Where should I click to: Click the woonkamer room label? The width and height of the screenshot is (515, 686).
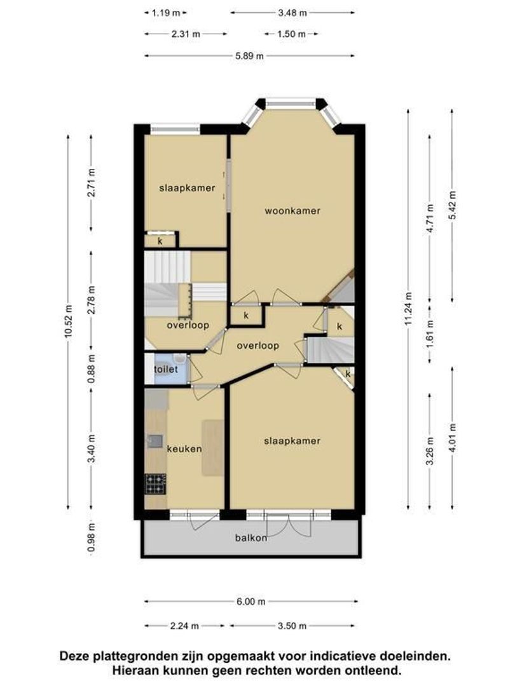(292, 211)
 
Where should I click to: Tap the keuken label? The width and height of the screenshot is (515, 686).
(184, 449)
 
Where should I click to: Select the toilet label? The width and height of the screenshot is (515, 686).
(166, 369)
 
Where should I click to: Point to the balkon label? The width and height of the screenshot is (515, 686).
(251, 538)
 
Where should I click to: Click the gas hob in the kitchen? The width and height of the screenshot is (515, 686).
(156, 484)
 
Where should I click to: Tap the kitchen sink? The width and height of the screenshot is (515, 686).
(154, 441)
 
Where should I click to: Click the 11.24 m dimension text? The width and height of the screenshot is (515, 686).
(408, 309)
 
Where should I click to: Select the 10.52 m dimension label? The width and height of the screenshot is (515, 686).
(68, 321)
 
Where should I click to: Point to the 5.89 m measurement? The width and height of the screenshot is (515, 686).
(250, 56)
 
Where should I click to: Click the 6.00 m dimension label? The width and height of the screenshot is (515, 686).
(251, 602)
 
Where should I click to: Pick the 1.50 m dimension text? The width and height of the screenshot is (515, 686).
(291, 34)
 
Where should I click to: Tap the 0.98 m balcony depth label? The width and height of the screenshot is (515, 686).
(91, 538)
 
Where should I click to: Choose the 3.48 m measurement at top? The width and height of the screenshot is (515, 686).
(292, 13)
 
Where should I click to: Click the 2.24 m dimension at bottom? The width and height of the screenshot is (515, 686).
(184, 626)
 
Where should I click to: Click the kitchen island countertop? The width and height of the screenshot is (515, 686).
(213, 448)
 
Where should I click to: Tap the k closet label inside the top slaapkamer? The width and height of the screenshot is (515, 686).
(160, 241)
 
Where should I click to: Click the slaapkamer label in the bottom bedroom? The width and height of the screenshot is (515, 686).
(292, 441)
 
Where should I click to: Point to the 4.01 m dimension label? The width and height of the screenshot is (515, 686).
(452, 439)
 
